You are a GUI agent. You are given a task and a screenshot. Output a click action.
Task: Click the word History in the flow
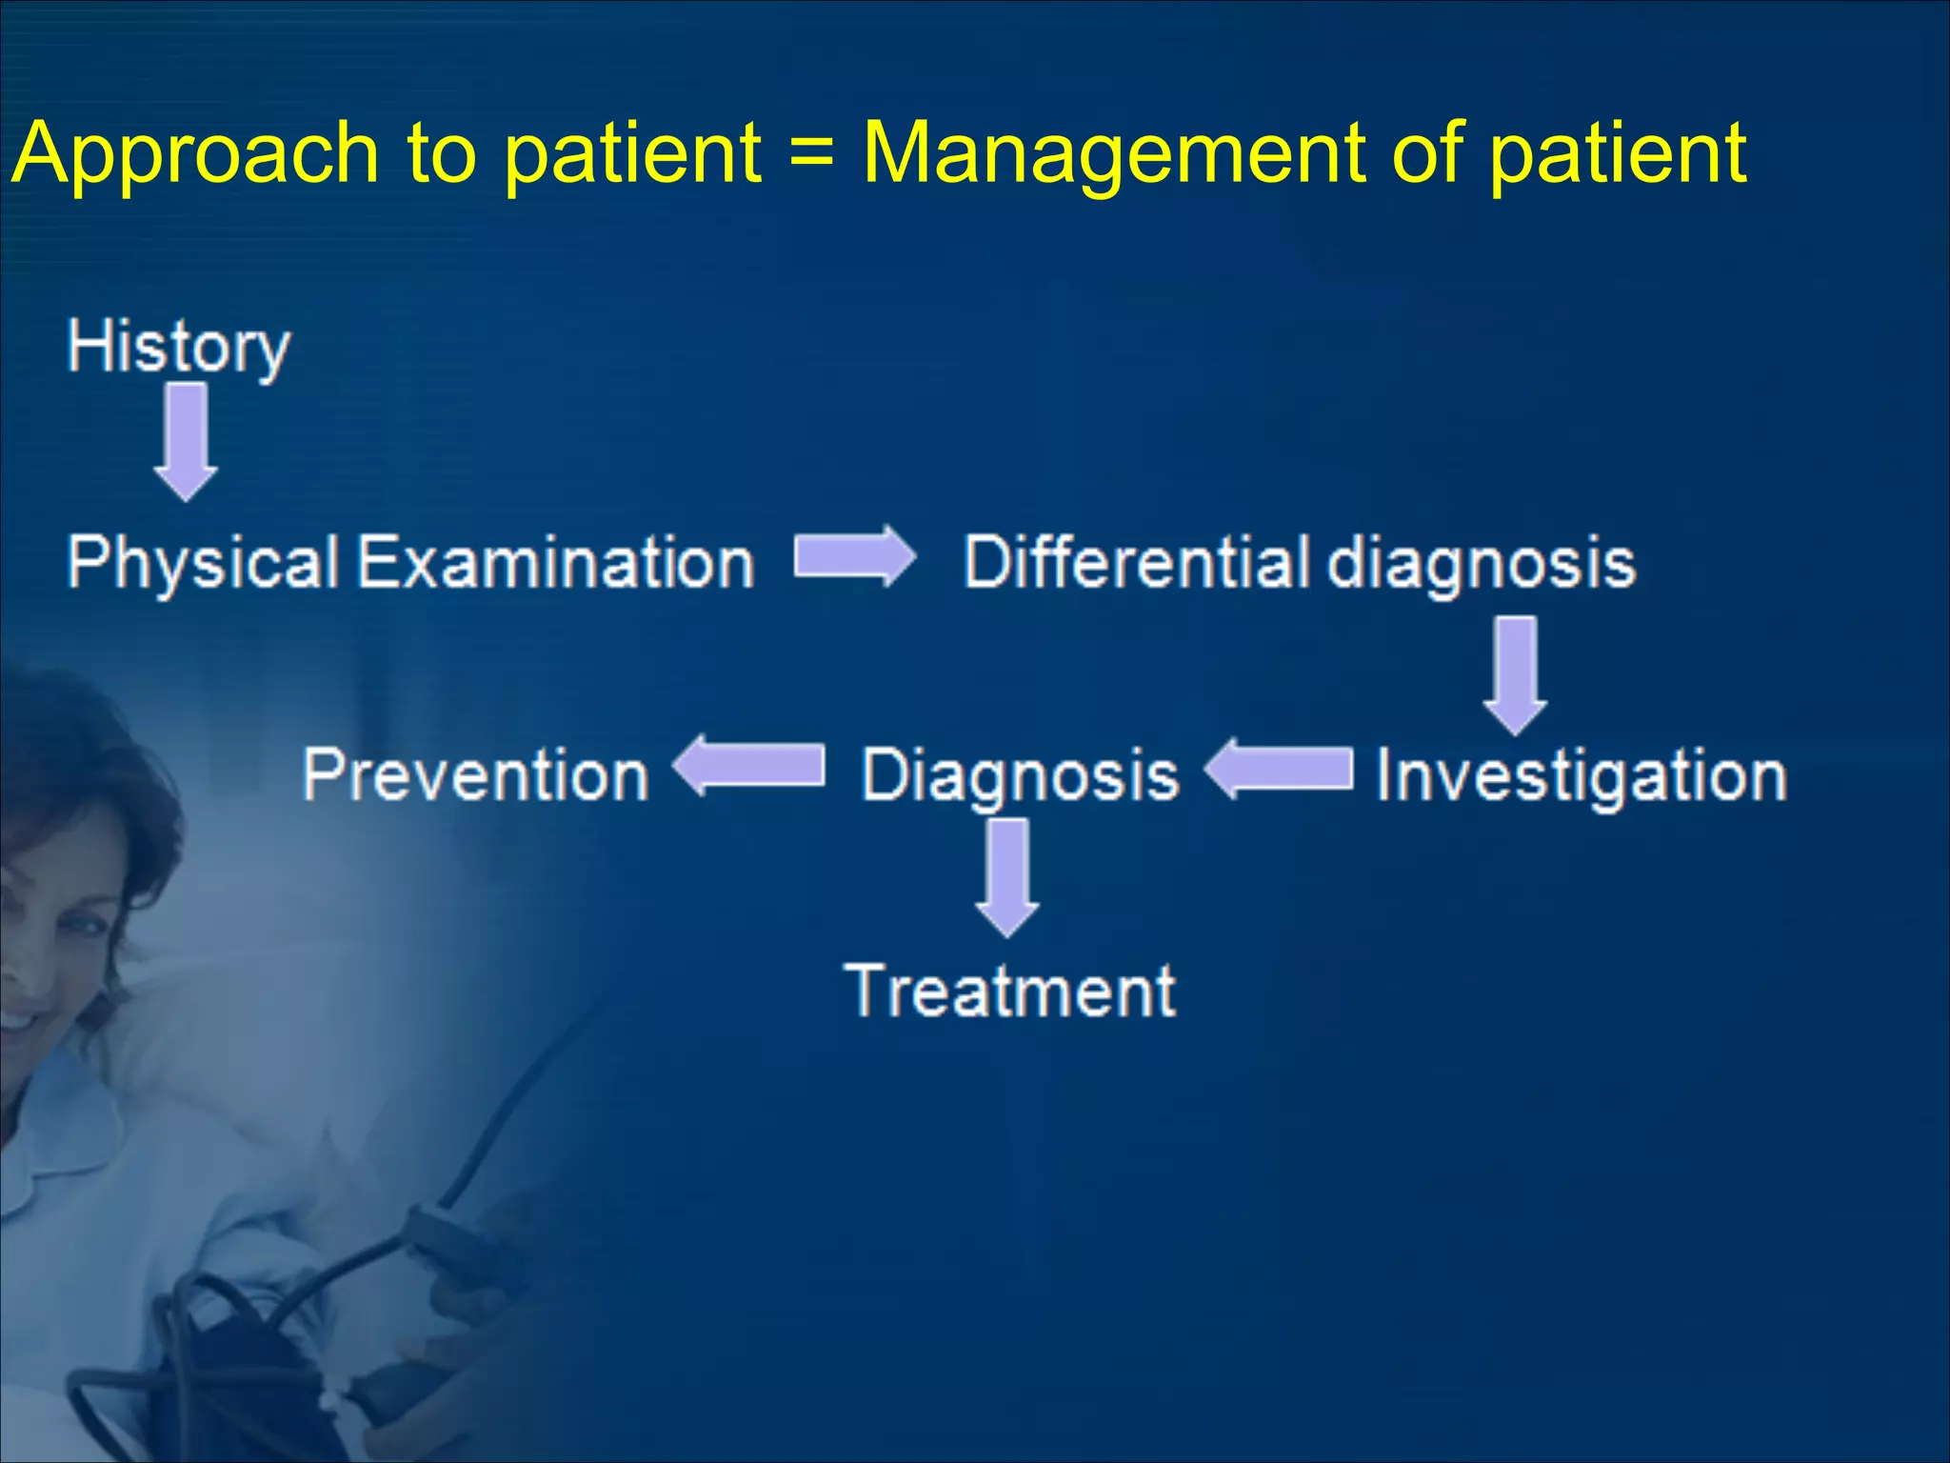pyautogui.click(x=178, y=348)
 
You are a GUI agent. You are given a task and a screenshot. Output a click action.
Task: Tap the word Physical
pyautogui.click(x=203, y=563)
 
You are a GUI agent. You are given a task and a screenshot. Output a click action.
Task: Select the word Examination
pyautogui.click(x=556, y=563)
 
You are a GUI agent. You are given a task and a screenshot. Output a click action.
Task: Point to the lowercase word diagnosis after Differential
pyautogui.click(x=1481, y=563)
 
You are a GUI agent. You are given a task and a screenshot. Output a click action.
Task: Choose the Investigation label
pyautogui.click(x=1581, y=776)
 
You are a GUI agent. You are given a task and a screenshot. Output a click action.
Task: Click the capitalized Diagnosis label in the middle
pyautogui.click(x=1019, y=776)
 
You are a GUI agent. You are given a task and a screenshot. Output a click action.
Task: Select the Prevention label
pyautogui.click(x=475, y=775)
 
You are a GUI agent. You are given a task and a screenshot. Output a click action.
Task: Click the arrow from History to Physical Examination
pyautogui.click(x=186, y=441)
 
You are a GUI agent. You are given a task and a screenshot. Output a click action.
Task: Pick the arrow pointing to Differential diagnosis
pyautogui.click(x=854, y=556)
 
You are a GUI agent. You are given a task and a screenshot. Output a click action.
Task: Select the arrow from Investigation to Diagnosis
pyautogui.click(x=1278, y=769)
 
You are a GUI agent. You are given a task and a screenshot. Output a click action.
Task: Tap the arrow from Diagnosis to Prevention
pyautogui.click(x=748, y=766)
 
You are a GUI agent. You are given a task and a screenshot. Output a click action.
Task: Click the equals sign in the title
pyautogui.click(x=811, y=152)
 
